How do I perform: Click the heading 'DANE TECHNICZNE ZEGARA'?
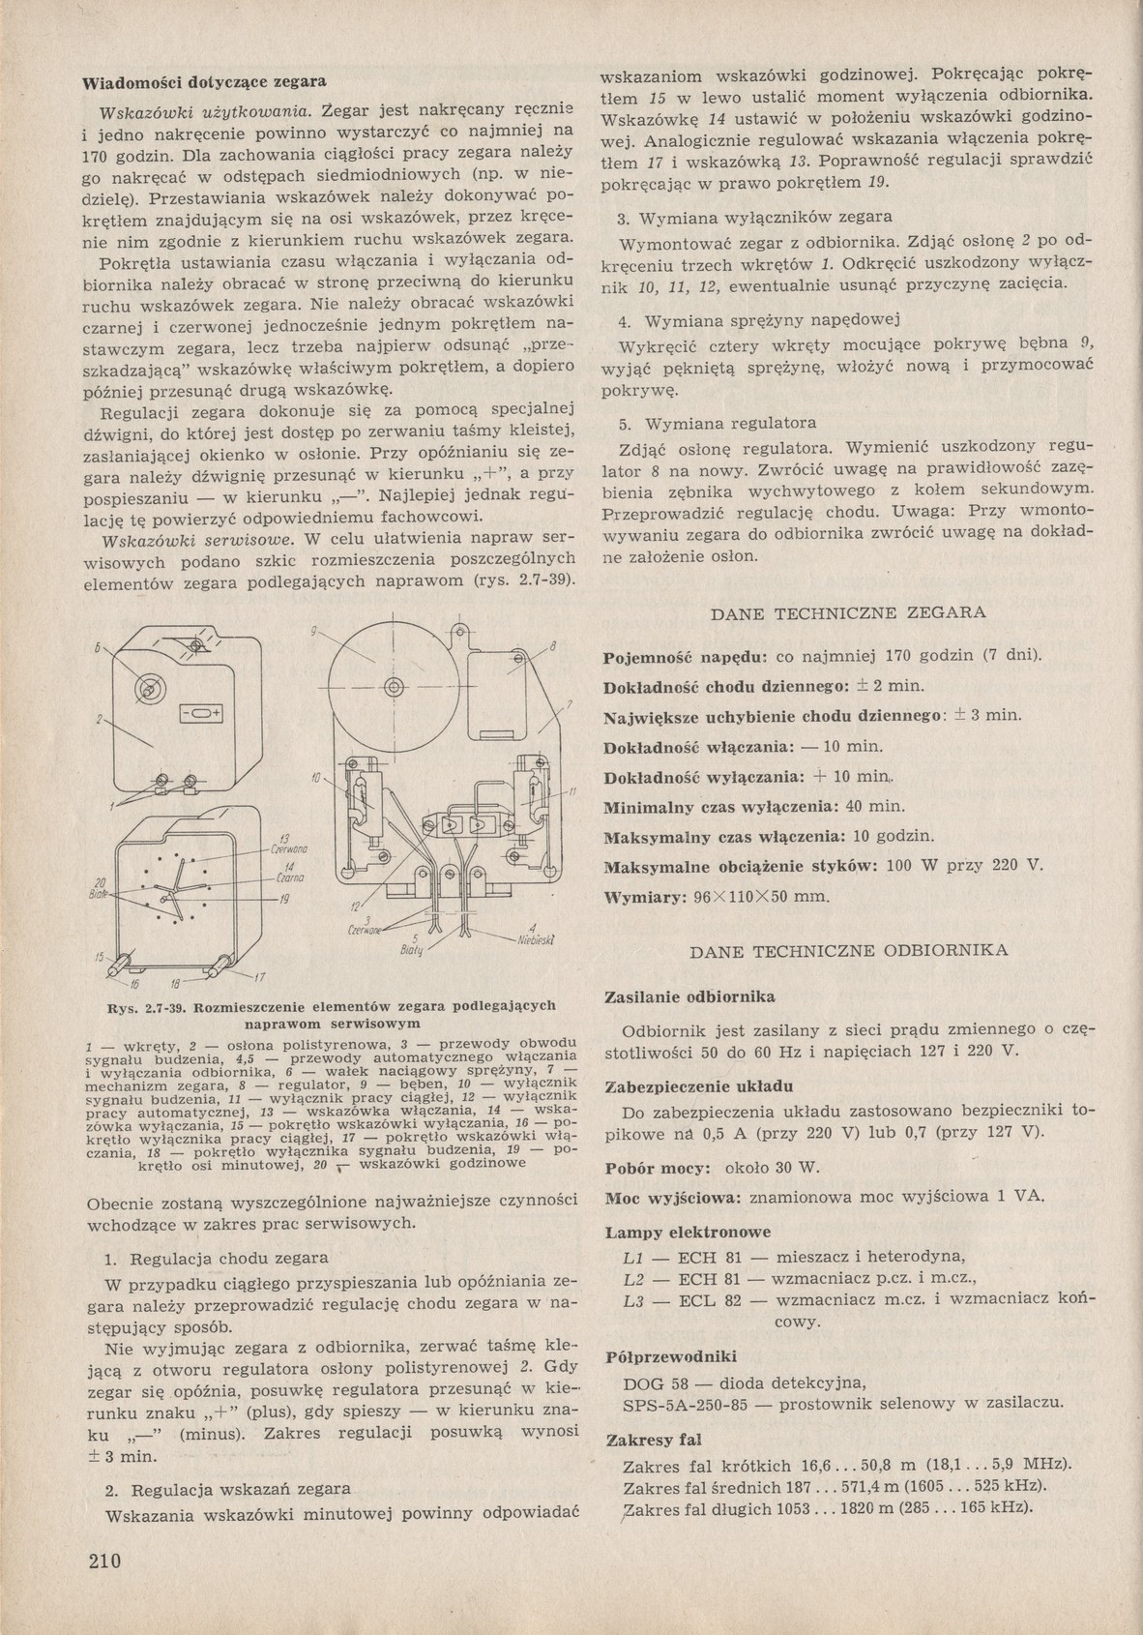coord(848,612)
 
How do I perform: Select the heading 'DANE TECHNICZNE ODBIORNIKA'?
coord(848,950)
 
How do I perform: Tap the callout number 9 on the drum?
coord(314,631)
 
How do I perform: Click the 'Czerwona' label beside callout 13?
coord(290,847)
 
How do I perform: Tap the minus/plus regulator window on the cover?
coord(200,713)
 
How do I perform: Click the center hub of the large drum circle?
coord(394,688)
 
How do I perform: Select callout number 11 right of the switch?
coord(572,791)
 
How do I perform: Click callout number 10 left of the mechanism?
coord(316,778)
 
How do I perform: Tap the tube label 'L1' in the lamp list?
coord(633,1257)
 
